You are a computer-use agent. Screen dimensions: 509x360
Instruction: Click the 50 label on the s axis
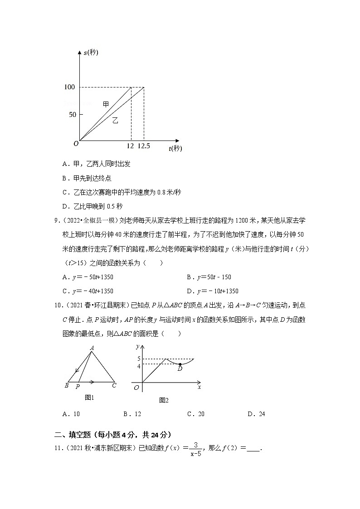(73, 115)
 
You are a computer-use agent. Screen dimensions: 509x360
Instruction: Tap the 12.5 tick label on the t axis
(144, 146)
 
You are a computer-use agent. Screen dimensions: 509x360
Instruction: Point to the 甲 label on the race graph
(106, 105)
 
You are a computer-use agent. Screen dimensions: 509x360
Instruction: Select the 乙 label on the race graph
(115, 121)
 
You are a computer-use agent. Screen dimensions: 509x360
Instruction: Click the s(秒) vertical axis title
(91, 53)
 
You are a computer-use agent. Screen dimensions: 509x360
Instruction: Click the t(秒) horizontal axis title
(175, 148)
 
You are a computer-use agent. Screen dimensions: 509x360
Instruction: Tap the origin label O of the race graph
(76, 144)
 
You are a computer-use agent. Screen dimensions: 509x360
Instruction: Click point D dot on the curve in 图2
(180, 364)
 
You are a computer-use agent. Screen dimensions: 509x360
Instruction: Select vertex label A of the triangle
(92, 348)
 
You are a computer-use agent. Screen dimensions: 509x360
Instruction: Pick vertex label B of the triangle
(67, 386)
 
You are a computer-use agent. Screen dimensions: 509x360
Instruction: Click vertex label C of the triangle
(114, 386)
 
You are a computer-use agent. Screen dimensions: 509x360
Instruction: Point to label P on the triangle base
(78, 387)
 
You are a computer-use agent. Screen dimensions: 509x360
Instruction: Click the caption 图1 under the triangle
(89, 398)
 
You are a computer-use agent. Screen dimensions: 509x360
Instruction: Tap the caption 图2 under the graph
(164, 400)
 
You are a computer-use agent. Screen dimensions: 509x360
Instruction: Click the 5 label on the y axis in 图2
(139, 359)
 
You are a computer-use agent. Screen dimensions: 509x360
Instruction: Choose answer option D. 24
(256, 414)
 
